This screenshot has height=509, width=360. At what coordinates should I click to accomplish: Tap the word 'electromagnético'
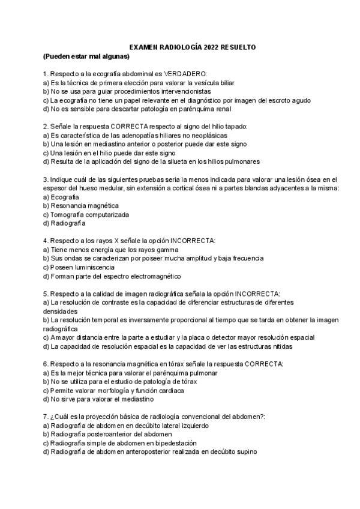point(154,276)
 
